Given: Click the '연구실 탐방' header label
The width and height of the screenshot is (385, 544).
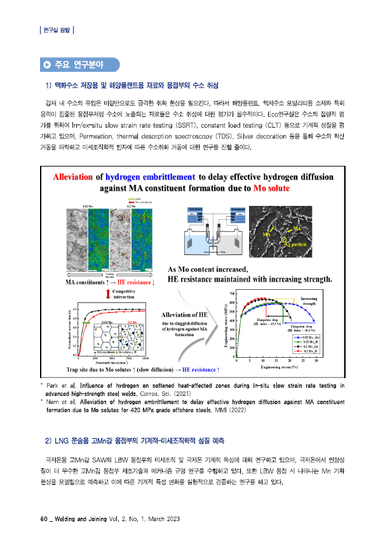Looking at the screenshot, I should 57,29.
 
